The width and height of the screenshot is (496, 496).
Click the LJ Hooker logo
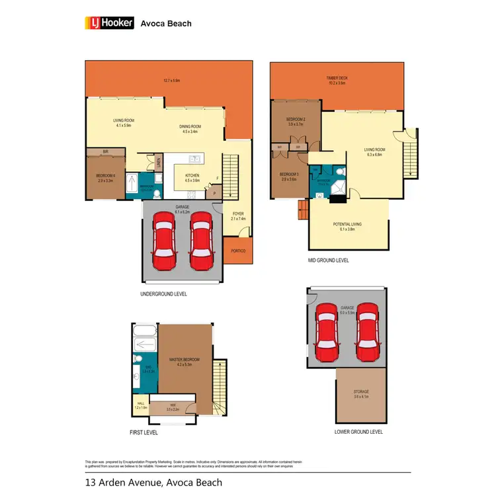[x=109, y=23]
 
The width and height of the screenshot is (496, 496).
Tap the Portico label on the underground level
[x=237, y=251]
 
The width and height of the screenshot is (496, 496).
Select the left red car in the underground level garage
[x=163, y=241]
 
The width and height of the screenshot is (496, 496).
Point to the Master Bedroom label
[x=181, y=360]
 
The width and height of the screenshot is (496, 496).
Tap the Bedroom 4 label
[x=106, y=177]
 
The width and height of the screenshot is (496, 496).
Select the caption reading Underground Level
[x=163, y=293]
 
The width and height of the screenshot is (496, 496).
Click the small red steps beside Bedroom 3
[x=304, y=211]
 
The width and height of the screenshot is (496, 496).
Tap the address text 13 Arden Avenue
[x=125, y=482]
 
